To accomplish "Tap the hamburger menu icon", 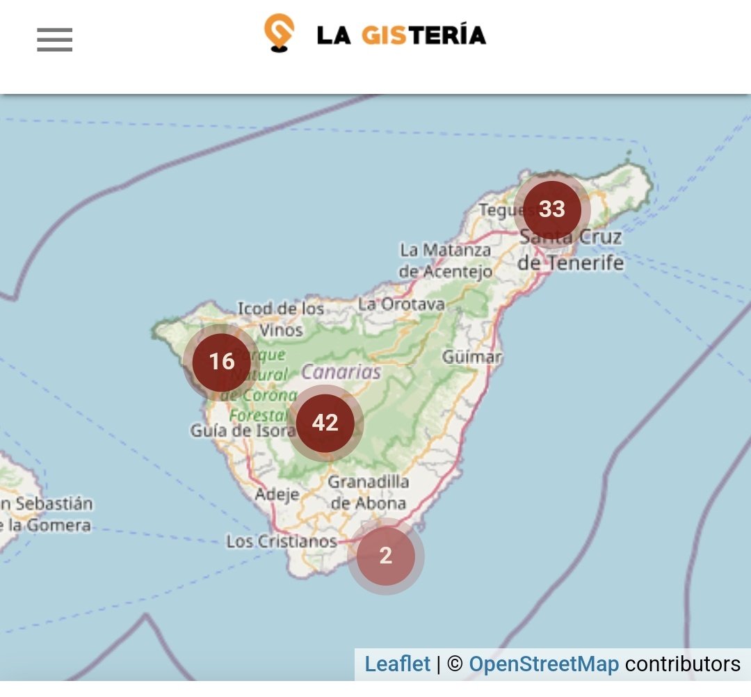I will (55, 40).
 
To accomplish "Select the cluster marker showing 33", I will (552, 209).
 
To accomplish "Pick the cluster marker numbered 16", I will (221, 362).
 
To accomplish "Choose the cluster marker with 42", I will (325, 423).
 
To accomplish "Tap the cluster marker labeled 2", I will (386, 556).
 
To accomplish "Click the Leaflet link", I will (398, 664).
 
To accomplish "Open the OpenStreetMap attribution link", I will (544, 664).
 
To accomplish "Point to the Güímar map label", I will (472, 357).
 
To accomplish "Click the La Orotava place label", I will (401, 304).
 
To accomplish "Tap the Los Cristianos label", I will (282, 541).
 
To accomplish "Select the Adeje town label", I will (277, 495).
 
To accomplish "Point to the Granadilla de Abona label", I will (369, 492).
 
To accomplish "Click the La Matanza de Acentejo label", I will (446, 260).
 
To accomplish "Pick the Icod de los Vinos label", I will (281, 319).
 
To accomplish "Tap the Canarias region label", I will (341, 371).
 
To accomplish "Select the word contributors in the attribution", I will (682, 664).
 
